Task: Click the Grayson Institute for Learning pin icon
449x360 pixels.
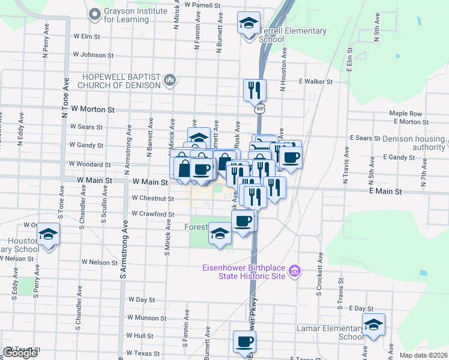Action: (x=94, y=13)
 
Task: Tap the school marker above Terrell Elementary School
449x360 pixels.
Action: (x=247, y=25)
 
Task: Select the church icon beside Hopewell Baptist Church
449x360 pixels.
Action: (x=170, y=79)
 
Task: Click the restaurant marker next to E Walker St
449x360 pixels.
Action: (x=254, y=90)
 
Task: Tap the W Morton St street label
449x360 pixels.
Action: (x=92, y=110)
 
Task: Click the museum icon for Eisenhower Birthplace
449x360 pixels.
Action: (x=294, y=271)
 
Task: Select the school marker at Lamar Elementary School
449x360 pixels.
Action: (x=373, y=325)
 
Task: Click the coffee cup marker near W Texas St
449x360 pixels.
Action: (x=244, y=342)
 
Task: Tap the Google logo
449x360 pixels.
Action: (x=20, y=353)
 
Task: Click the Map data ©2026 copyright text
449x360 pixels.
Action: (x=423, y=355)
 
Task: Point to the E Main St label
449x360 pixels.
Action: (x=385, y=191)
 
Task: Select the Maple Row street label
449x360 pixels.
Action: (x=406, y=113)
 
